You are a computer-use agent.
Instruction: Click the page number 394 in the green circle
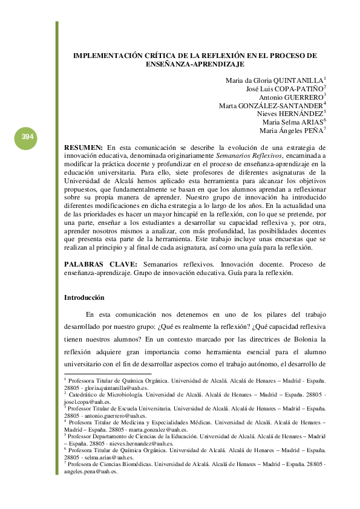click(x=27, y=137)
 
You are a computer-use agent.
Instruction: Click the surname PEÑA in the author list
click(x=312, y=131)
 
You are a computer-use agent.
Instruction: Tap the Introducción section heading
click(x=84, y=298)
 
